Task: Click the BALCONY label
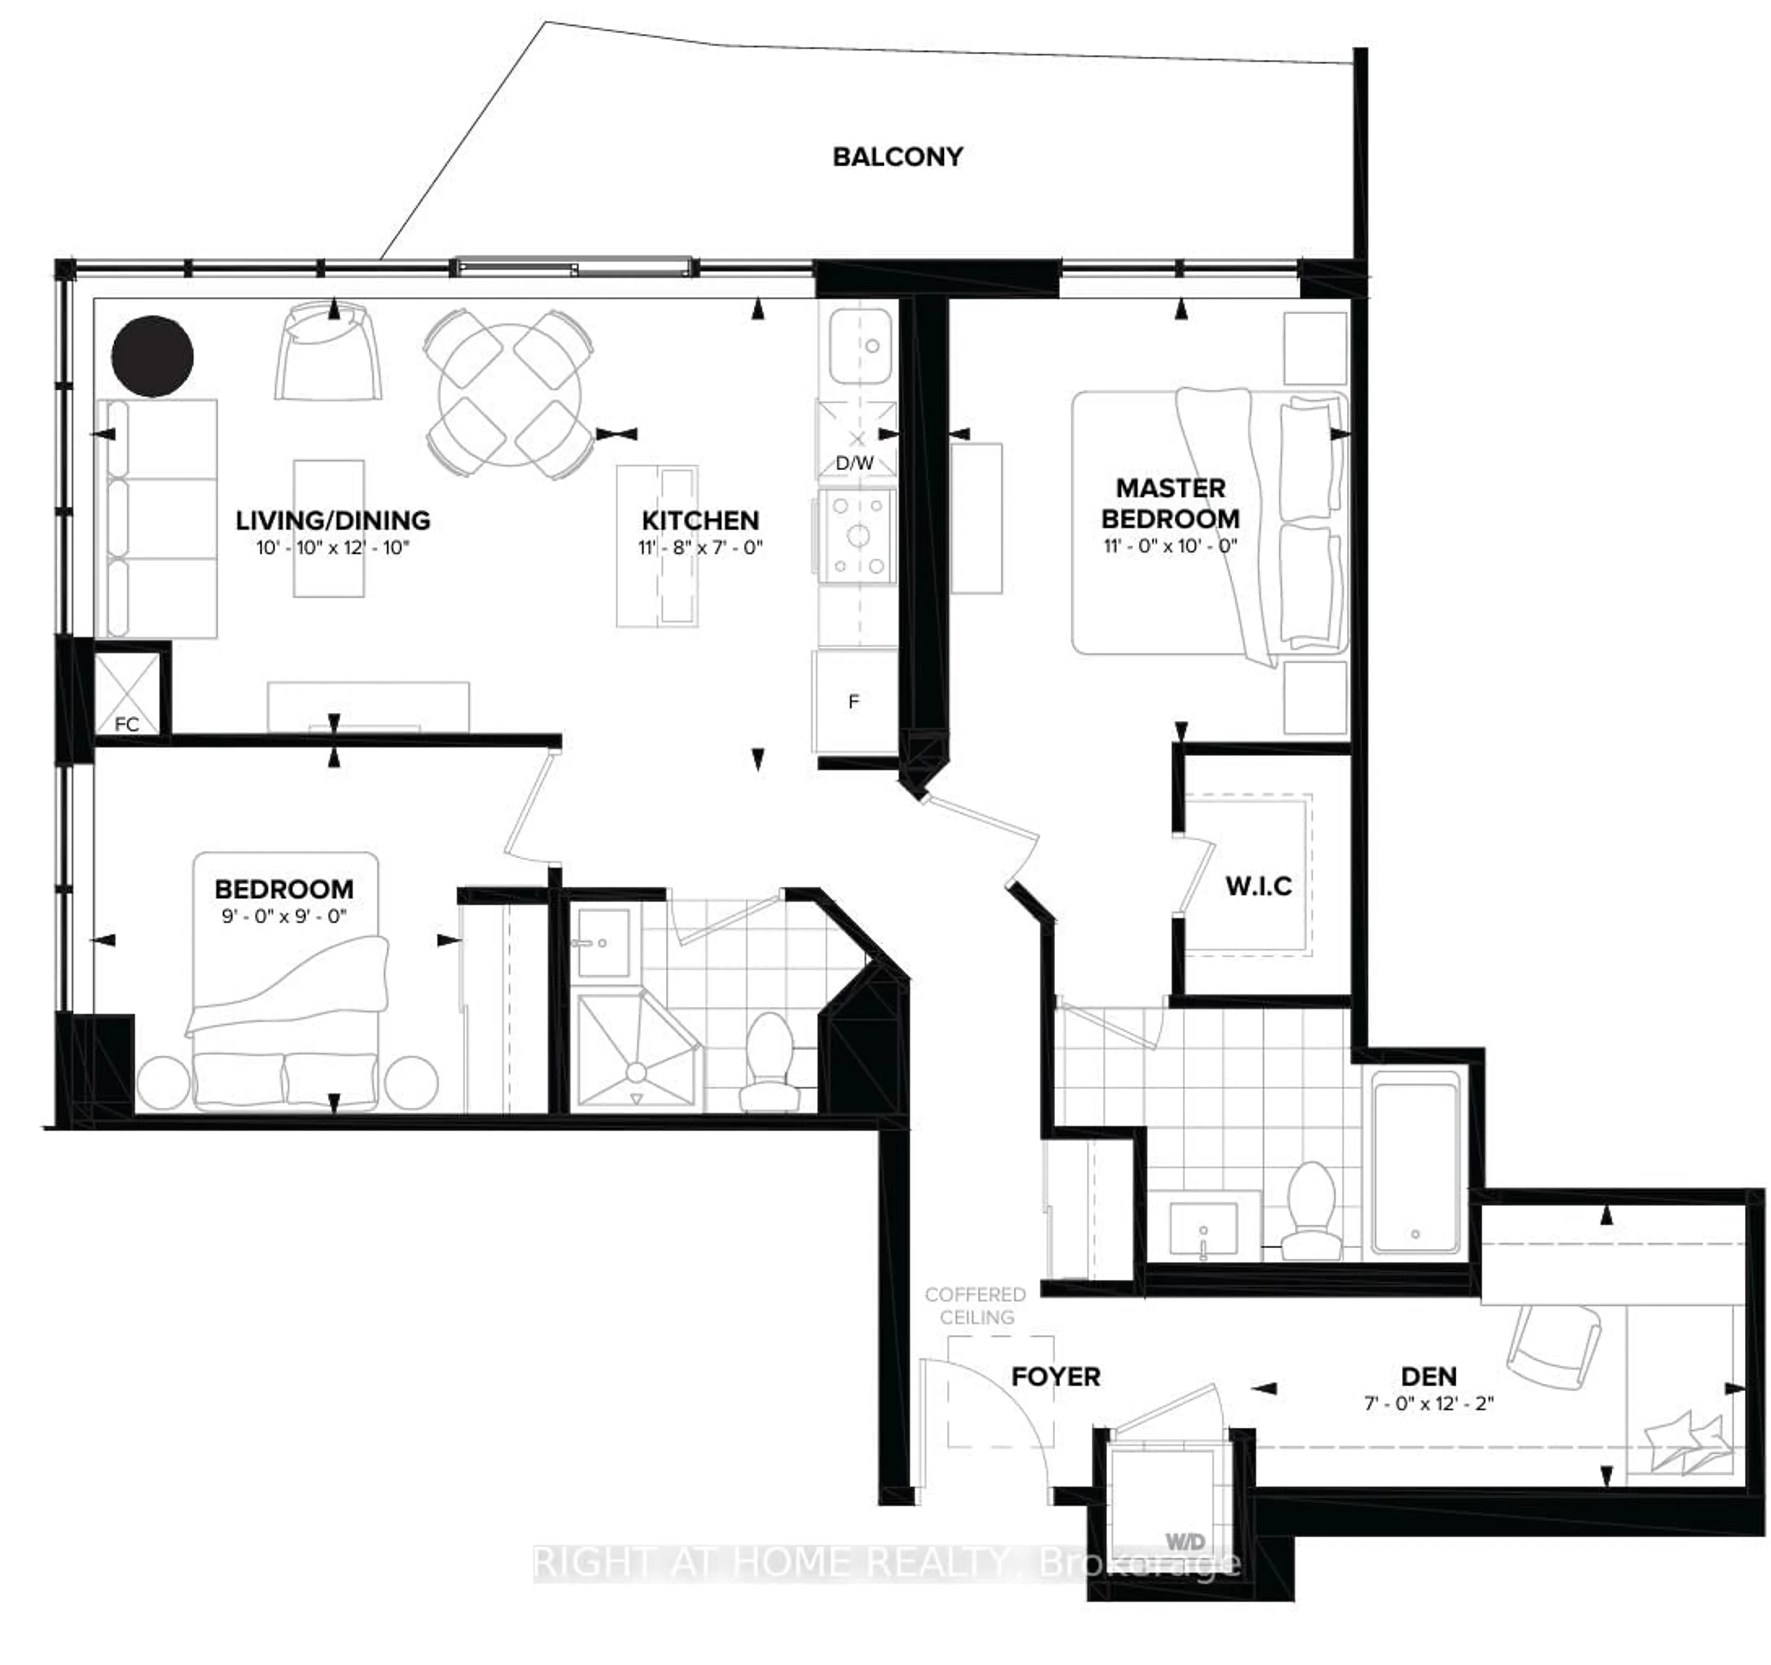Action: [897, 157]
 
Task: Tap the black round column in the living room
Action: [152, 356]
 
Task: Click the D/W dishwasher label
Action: [854, 463]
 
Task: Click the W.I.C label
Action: [1258, 886]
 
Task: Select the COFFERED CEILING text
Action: [975, 1305]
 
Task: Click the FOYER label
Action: [1056, 1377]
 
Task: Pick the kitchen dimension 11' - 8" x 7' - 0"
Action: [700, 547]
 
